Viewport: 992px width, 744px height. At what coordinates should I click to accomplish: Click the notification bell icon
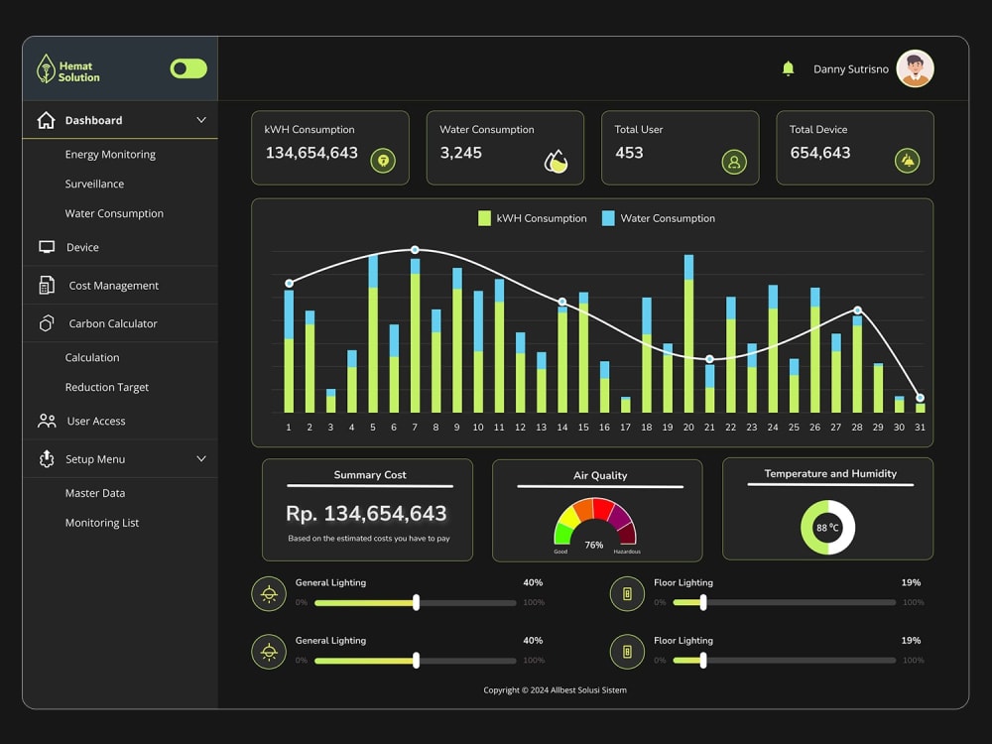tap(788, 68)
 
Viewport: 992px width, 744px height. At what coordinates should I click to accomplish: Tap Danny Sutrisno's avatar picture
tap(915, 68)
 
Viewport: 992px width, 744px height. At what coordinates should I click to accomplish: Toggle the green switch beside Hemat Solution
tap(188, 68)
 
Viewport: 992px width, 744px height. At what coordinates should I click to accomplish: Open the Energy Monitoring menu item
tap(110, 155)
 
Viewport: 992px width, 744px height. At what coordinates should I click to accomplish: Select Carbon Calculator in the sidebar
tap(113, 323)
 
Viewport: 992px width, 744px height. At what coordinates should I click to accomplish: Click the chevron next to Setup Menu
tap(201, 458)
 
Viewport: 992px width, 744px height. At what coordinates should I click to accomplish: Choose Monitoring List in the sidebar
tap(102, 523)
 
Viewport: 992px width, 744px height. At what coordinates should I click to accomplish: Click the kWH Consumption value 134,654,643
tap(311, 153)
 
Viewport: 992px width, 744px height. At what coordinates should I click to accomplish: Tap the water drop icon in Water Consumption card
tap(557, 162)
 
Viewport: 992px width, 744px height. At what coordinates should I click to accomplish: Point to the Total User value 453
tap(629, 153)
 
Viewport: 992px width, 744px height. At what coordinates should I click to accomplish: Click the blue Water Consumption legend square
tap(608, 218)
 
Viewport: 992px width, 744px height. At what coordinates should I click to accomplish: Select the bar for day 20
tap(688, 334)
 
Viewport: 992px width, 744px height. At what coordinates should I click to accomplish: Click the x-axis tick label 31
tap(920, 427)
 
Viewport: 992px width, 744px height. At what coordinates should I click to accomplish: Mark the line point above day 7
tap(415, 250)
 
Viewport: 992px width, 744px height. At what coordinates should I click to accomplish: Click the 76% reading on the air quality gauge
tap(593, 545)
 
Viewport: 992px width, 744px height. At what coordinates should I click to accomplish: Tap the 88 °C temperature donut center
tap(827, 527)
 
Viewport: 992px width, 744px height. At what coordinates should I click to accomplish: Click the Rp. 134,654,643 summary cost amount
tap(366, 513)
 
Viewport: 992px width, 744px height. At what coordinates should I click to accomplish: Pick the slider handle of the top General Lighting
tap(416, 602)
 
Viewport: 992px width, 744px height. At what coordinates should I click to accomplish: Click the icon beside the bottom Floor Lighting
tap(627, 651)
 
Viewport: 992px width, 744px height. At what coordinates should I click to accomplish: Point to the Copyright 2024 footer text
tap(555, 690)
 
